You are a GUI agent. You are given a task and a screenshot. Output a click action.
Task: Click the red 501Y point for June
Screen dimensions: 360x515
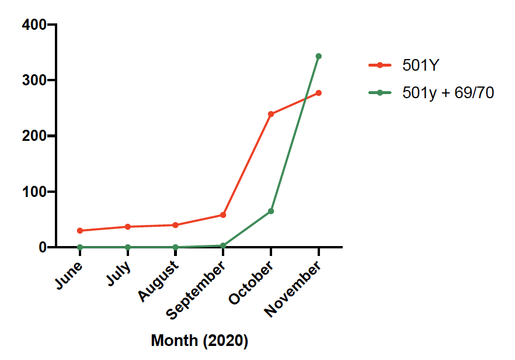click(x=79, y=231)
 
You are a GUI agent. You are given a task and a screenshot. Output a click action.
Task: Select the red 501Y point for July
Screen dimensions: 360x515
click(x=127, y=227)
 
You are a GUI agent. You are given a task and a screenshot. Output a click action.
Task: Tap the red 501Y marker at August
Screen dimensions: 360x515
click(x=175, y=225)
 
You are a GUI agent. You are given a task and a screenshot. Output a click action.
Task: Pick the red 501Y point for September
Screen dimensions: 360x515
click(x=223, y=215)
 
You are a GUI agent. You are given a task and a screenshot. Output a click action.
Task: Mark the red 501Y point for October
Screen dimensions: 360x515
click(x=271, y=114)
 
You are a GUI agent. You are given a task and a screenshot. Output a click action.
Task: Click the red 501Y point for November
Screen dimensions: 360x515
click(x=319, y=93)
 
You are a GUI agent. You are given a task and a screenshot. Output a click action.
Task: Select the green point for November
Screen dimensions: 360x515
click(x=319, y=56)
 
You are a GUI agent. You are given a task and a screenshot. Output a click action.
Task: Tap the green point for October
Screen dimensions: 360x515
click(x=271, y=211)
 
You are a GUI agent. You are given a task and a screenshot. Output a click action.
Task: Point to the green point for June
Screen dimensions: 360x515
click(x=79, y=247)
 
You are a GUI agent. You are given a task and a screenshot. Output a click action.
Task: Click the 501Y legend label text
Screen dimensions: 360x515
click(x=420, y=65)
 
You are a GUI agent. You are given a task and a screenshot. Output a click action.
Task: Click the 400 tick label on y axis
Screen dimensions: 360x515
click(x=34, y=25)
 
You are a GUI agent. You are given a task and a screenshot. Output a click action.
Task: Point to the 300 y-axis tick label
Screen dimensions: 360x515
click(x=34, y=80)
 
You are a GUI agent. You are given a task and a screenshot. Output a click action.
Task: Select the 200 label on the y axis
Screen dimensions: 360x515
click(x=34, y=136)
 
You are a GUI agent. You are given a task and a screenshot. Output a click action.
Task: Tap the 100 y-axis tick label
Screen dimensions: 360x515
click(x=34, y=192)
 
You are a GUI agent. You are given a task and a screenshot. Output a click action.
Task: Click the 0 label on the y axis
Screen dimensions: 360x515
click(x=42, y=247)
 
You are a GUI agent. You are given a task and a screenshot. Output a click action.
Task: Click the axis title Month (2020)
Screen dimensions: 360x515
click(x=199, y=341)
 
